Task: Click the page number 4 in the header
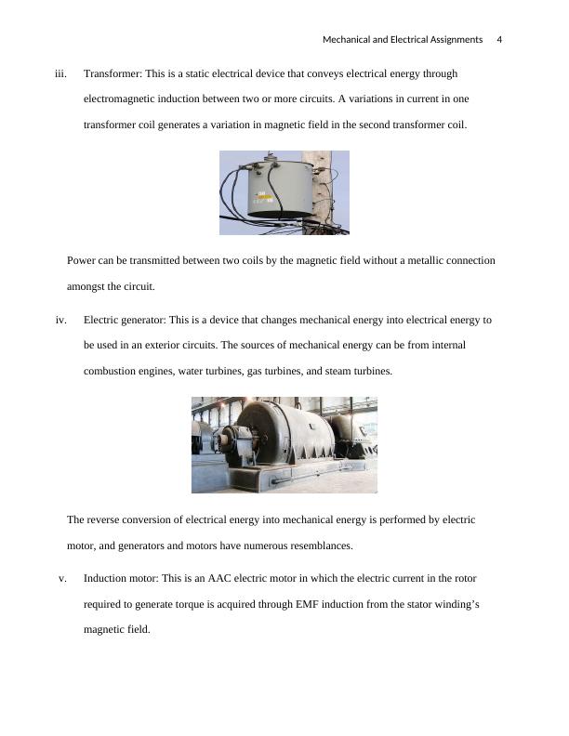[499, 40]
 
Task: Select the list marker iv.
[61, 320]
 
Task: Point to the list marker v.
[62, 578]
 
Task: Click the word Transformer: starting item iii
[114, 72]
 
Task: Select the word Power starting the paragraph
[83, 260]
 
